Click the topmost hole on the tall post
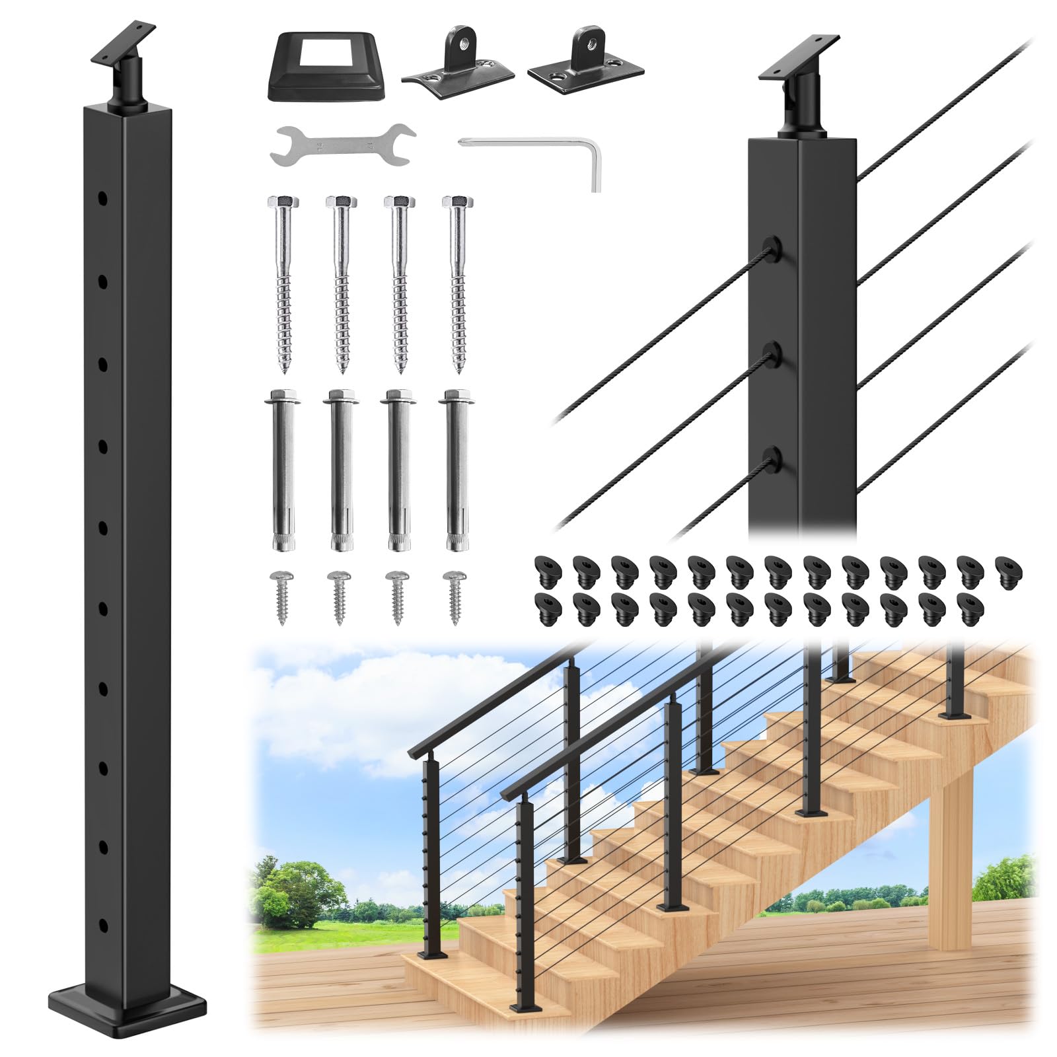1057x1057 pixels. click(x=102, y=198)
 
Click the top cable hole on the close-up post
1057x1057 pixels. click(x=768, y=248)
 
